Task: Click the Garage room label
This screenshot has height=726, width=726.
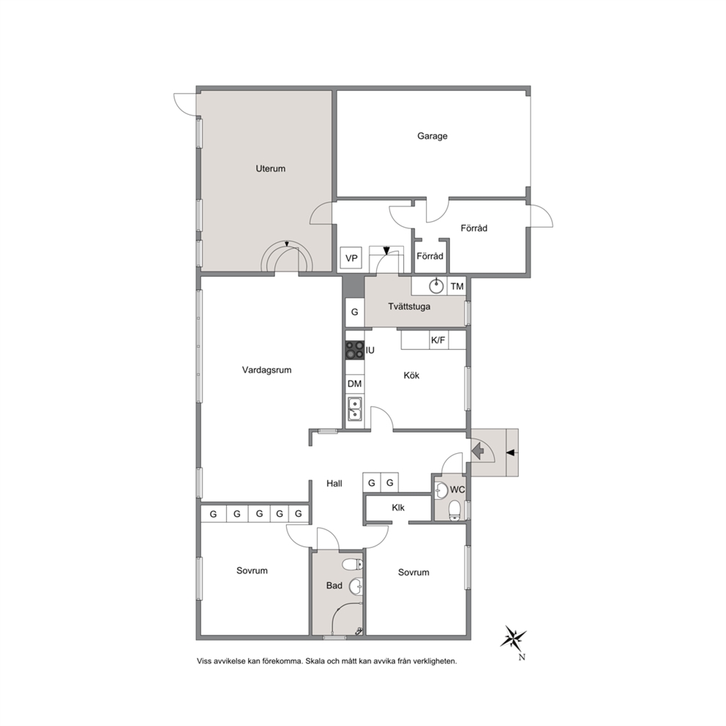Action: pos(432,136)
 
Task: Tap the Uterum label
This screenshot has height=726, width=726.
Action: pos(270,168)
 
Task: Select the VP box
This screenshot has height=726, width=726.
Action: pos(351,258)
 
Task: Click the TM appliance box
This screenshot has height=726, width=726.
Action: pos(457,287)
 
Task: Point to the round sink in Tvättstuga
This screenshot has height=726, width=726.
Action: pos(436,287)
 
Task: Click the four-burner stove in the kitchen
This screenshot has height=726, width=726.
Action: pos(355,350)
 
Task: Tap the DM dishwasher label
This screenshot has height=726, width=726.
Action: pos(355,383)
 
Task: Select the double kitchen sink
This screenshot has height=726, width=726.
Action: pos(355,409)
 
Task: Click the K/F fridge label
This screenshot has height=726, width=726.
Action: pos(438,340)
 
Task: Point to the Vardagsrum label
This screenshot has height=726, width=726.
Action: pos(266,370)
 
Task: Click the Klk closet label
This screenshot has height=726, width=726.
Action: pos(398,507)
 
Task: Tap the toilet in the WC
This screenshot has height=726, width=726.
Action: pos(454,510)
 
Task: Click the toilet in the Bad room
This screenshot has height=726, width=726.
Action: pos(353,564)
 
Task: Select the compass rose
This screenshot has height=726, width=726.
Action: pos(514,639)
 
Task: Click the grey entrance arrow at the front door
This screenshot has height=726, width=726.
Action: pos(478,449)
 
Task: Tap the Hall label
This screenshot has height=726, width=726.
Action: pos(334,483)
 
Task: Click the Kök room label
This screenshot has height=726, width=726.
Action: pos(411,375)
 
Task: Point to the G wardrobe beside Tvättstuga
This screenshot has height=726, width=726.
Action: pos(355,313)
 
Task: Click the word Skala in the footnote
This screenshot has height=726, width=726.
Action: pos(315,661)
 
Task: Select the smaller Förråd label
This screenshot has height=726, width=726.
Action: pos(430,256)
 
